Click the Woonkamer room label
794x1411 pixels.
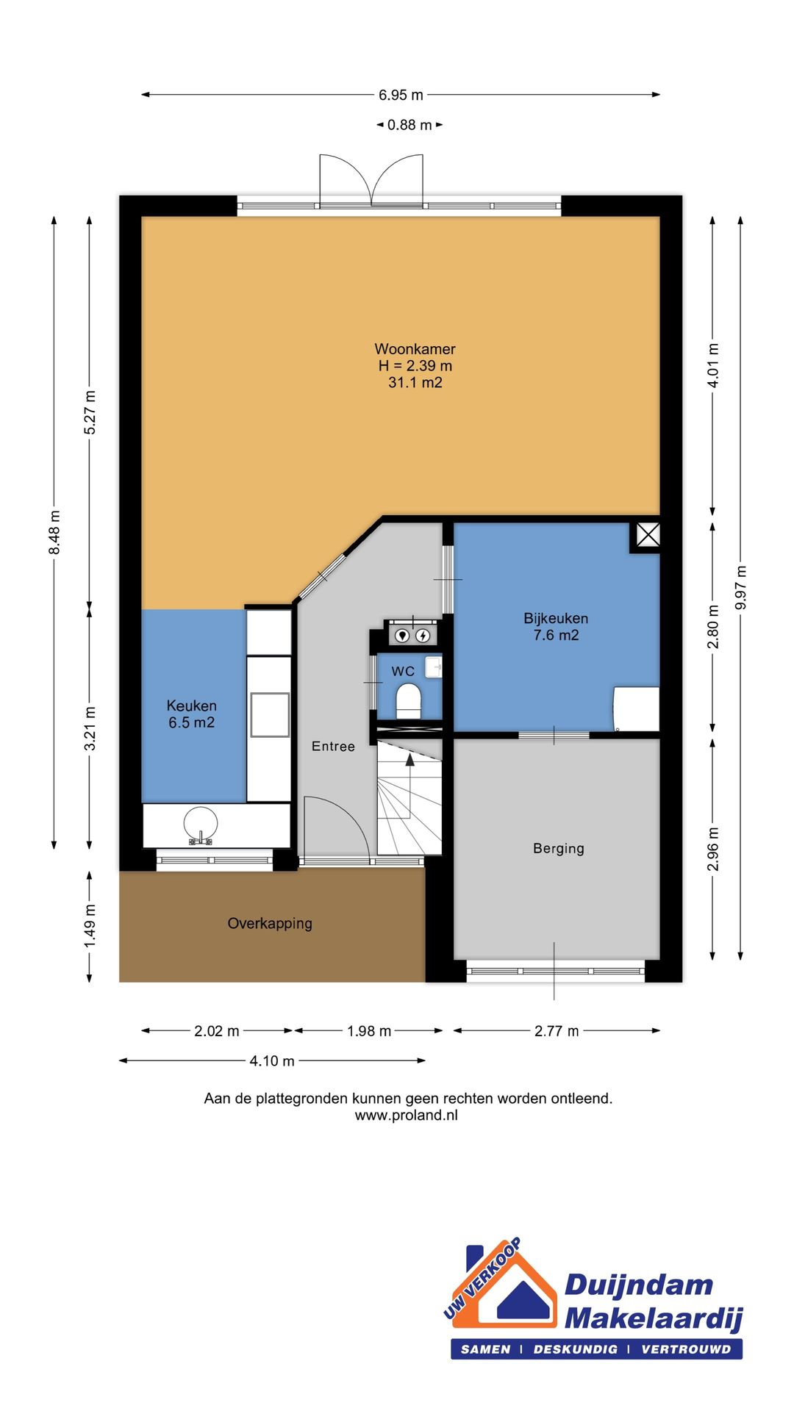pyautogui.click(x=415, y=349)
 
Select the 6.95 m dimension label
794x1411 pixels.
pyautogui.click(x=401, y=95)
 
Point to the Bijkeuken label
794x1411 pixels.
pyautogui.click(x=556, y=619)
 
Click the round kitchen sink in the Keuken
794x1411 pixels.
pyautogui.click(x=201, y=825)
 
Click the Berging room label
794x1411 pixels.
pyautogui.click(x=559, y=849)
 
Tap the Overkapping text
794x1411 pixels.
pyautogui.click(x=270, y=924)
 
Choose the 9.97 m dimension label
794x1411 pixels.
pyautogui.click(x=741, y=587)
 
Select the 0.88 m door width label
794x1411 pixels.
pyautogui.click(x=409, y=125)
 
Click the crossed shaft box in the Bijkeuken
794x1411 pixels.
pyautogui.click(x=648, y=534)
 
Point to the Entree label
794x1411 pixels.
pyautogui.click(x=333, y=747)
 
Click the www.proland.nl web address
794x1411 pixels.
pyautogui.click(x=407, y=1115)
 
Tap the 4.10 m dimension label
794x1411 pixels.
pyautogui.click(x=272, y=1060)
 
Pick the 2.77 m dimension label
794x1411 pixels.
pyautogui.click(x=557, y=1031)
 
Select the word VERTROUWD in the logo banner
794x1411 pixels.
pyautogui.click(x=687, y=1349)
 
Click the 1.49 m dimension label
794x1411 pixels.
pyautogui.click(x=90, y=924)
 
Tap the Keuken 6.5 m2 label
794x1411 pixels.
pyautogui.click(x=192, y=714)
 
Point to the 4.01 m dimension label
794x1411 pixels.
pyautogui.click(x=713, y=365)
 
